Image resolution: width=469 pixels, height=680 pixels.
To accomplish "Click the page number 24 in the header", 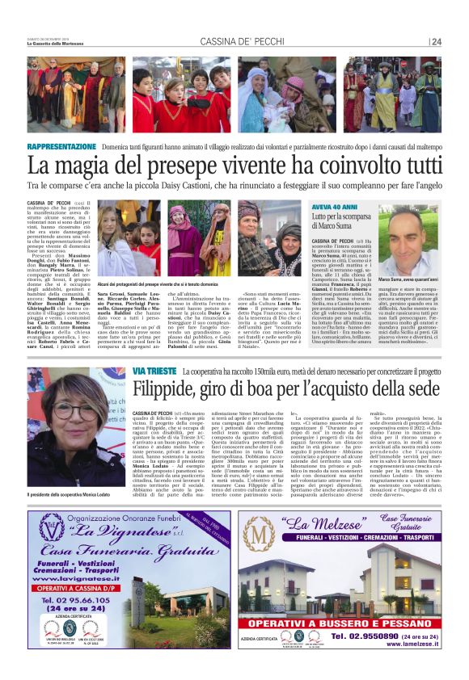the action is (436, 42).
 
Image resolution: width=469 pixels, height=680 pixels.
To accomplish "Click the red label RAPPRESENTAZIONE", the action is (61, 147).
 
